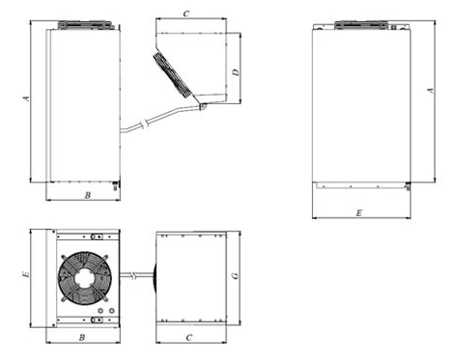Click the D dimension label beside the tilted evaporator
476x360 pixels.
click(x=237, y=72)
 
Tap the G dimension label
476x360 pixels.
click(x=236, y=276)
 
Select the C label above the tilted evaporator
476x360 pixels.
click(x=186, y=14)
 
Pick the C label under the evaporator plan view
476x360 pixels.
click(x=189, y=338)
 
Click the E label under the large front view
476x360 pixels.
click(x=359, y=213)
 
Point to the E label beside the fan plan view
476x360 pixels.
click(x=26, y=274)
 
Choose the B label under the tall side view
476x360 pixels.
click(x=88, y=195)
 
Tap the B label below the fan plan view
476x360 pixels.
click(x=82, y=338)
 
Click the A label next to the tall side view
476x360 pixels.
click(x=26, y=98)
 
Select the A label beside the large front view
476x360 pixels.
click(x=431, y=91)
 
